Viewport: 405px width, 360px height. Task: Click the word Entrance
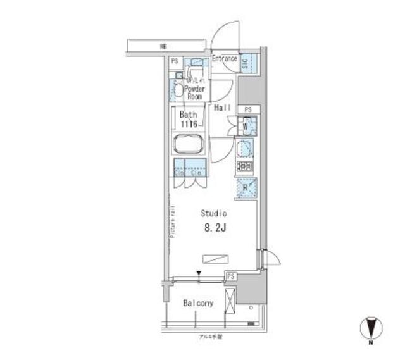click(224, 59)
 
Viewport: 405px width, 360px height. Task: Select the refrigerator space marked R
click(245, 188)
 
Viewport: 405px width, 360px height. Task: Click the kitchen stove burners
click(244, 167)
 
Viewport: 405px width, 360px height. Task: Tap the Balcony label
click(198, 304)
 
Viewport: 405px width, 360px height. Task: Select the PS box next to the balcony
click(232, 276)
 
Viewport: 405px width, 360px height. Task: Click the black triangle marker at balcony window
click(199, 274)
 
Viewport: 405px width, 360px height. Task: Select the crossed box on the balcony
click(230, 300)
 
